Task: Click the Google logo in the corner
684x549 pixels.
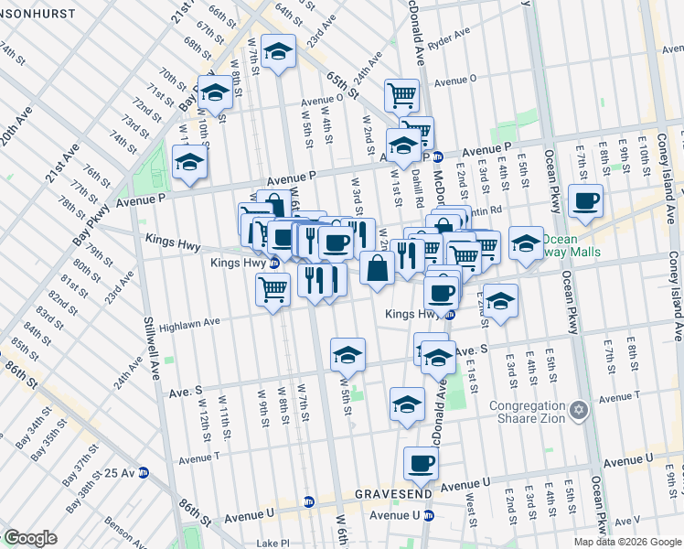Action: pos(30,538)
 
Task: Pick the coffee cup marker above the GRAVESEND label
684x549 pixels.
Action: pos(421,465)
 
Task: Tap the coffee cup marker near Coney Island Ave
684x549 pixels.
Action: pos(585,201)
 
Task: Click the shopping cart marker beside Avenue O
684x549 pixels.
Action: pos(401,95)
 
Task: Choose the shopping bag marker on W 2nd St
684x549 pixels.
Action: pos(377,268)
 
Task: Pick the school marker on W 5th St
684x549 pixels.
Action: pos(347,354)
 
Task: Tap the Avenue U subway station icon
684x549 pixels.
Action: pos(429,515)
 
